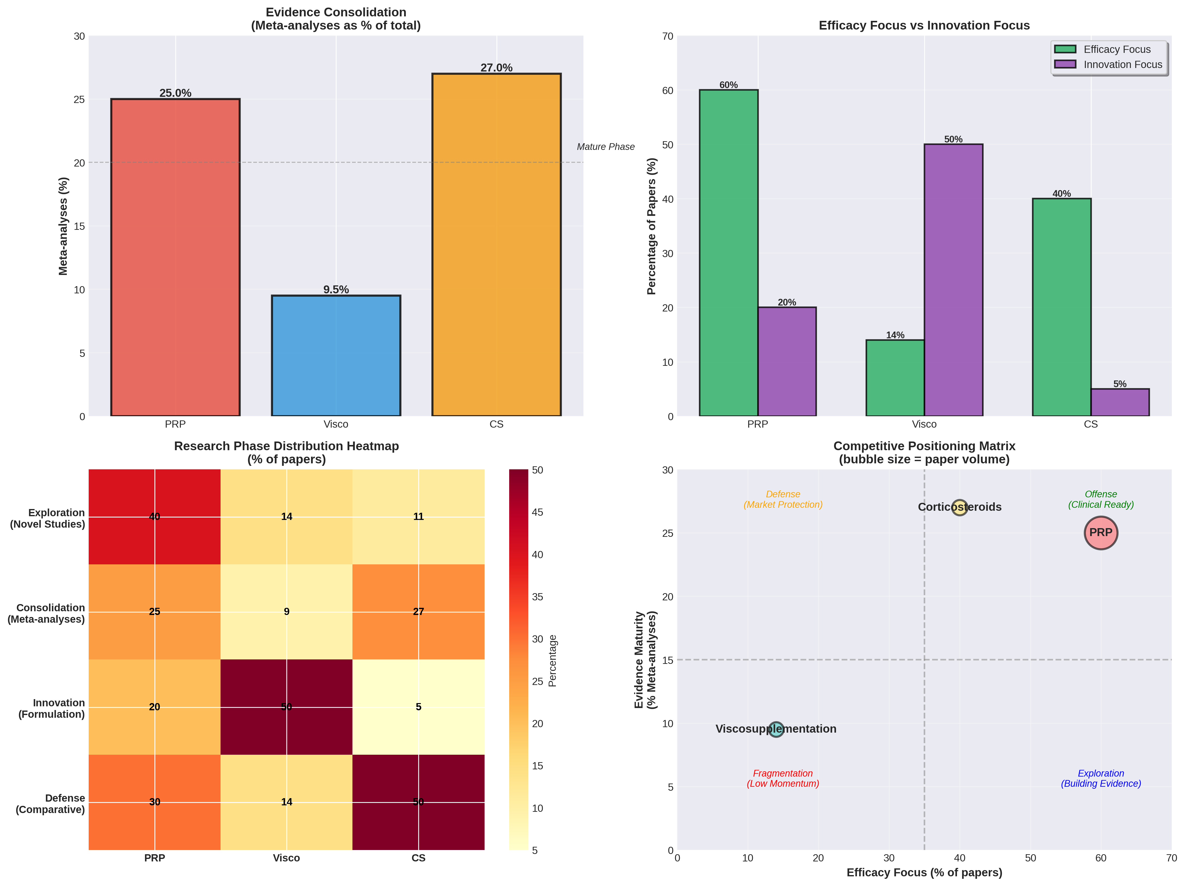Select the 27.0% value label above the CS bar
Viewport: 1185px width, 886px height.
coord(496,68)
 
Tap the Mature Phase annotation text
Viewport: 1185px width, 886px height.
coord(605,147)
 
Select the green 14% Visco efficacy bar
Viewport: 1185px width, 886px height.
coord(895,377)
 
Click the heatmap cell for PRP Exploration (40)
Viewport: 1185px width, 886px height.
coord(154,517)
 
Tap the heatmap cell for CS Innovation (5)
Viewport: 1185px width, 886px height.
coord(419,707)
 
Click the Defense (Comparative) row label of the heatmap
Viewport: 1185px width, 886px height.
coord(50,804)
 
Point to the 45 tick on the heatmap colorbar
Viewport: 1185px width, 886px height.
coord(537,512)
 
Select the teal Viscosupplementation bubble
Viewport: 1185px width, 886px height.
coord(776,729)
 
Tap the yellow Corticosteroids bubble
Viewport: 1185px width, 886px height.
coord(959,507)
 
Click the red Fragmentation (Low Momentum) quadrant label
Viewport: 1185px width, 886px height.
coord(783,778)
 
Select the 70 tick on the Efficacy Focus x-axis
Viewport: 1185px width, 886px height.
coord(1171,858)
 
